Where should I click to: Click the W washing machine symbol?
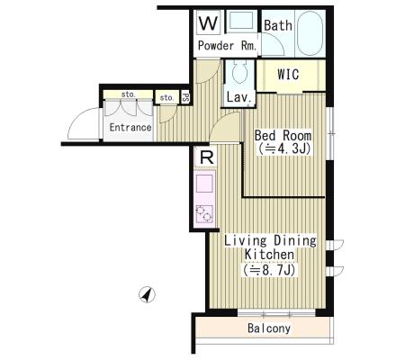tap(209, 22)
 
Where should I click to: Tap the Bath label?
tap(278, 25)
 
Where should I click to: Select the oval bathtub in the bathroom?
tap(310, 33)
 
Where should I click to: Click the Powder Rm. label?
tap(228, 46)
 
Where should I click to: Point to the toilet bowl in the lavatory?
tap(239, 73)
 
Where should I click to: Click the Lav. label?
tap(238, 97)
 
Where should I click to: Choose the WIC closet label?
tap(288, 75)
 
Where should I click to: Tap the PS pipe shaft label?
tap(185, 97)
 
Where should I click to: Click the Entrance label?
tap(130, 127)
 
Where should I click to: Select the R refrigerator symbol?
tap(206, 157)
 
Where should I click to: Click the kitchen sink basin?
tap(205, 184)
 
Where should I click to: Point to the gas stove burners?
tap(204, 213)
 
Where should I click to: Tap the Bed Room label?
tap(283, 136)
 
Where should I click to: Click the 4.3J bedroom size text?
tap(283, 148)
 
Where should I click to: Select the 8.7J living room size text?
tap(269, 270)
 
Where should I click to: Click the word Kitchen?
tap(269, 255)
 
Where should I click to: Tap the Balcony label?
tap(269, 328)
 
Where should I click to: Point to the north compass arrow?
tap(147, 295)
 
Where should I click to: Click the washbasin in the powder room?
tap(241, 21)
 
